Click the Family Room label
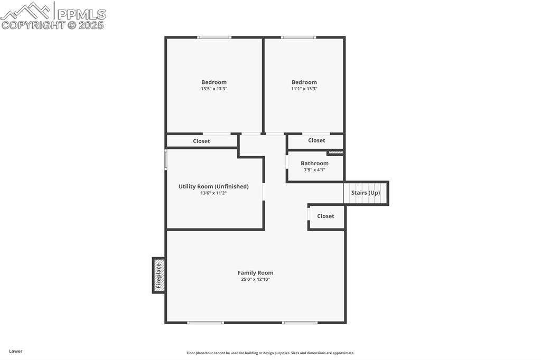tap(255, 273)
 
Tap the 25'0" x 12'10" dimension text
tap(255, 279)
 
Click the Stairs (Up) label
tap(366, 193)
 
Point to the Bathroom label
tap(314, 163)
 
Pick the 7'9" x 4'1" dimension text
tap(314, 169)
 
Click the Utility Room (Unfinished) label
tap(213, 186)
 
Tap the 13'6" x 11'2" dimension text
tap(213, 193)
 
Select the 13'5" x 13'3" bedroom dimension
tap(214, 89)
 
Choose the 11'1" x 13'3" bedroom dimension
tap(304, 89)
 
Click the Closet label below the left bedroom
tap(201, 141)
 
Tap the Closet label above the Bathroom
tap(316, 140)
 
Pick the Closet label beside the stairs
tap(325, 216)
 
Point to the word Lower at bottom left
tap(16, 351)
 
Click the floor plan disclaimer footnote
tap(270, 353)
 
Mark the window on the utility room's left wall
tap(165, 159)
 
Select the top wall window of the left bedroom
tap(214, 37)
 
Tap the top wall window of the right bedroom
tap(299, 37)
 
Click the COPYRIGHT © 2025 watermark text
tap(53, 25)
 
